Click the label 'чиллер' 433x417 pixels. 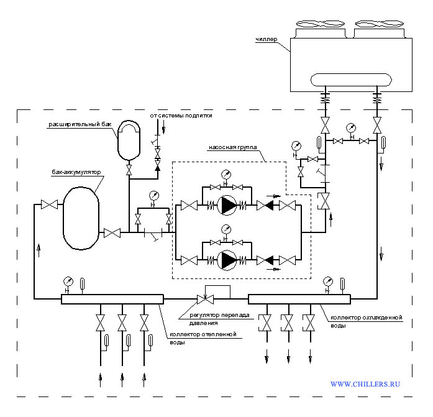[x=267, y=40]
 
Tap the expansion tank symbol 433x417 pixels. [x=129, y=140]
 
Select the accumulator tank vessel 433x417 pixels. [x=81, y=218]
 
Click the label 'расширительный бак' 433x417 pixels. [x=80, y=124]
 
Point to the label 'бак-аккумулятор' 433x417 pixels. [x=76, y=172]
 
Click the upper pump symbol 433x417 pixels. [x=227, y=205]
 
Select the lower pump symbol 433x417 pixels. [x=227, y=260]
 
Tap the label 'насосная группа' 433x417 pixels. [x=232, y=147]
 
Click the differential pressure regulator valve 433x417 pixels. [x=205, y=299]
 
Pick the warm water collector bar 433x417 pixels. [x=112, y=299]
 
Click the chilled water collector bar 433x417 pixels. [x=299, y=299]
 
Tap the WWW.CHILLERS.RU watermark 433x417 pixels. [x=365, y=384]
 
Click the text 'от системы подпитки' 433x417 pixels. [x=181, y=116]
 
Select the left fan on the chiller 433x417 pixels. [x=321, y=24]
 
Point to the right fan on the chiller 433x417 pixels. [x=380, y=24]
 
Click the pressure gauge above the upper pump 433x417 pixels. [x=226, y=175]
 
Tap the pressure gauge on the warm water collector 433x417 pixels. [x=68, y=282]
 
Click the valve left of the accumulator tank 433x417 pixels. [x=50, y=204]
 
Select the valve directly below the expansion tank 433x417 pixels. [x=129, y=170]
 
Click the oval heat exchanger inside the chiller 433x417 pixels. [x=351, y=80]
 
